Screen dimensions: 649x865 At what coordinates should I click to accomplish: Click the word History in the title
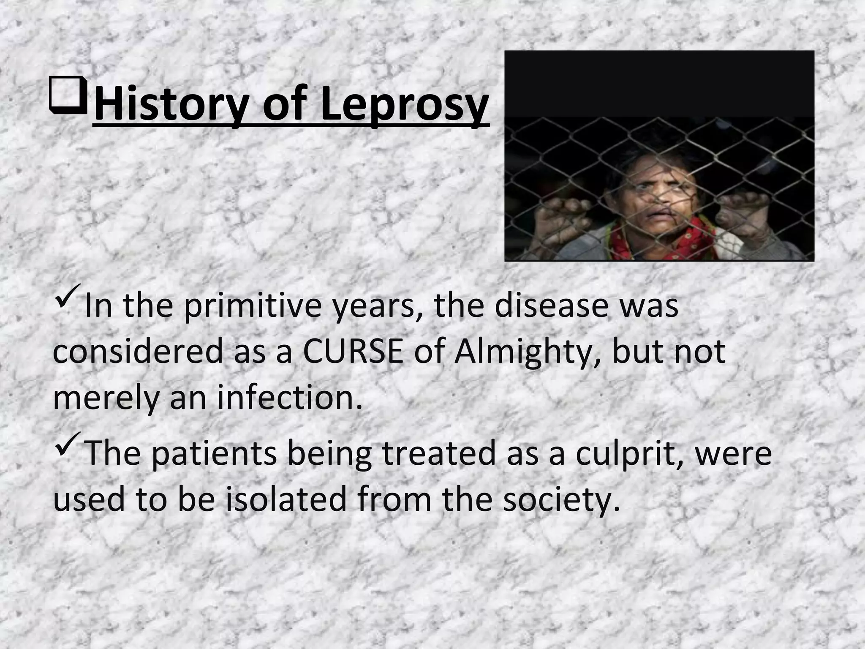171,104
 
